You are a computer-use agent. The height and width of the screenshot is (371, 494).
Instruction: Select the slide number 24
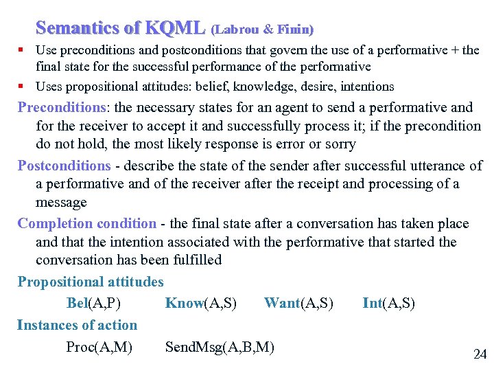pos(480,355)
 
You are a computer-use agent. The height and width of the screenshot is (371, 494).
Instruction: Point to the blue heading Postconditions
pos(64,166)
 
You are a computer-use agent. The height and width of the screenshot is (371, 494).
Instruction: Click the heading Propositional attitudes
pos(91,282)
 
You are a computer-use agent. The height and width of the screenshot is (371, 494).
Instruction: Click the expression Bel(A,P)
pos(96,303)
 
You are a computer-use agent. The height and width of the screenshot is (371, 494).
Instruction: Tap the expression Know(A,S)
pos(201,303)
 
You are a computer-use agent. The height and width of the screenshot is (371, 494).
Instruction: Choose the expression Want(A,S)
pos(298,303)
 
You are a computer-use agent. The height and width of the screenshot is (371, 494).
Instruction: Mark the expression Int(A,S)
pos(388,303)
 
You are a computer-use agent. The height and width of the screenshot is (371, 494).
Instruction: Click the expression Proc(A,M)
pos(99,347)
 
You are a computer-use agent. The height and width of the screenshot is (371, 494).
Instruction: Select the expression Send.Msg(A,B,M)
pos(220,347)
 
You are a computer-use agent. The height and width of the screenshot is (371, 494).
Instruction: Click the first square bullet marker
pos(22,50)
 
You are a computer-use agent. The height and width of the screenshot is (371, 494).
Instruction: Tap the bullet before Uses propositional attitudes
pos(22,87)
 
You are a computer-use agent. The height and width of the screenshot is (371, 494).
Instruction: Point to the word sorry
pos(338,144)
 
